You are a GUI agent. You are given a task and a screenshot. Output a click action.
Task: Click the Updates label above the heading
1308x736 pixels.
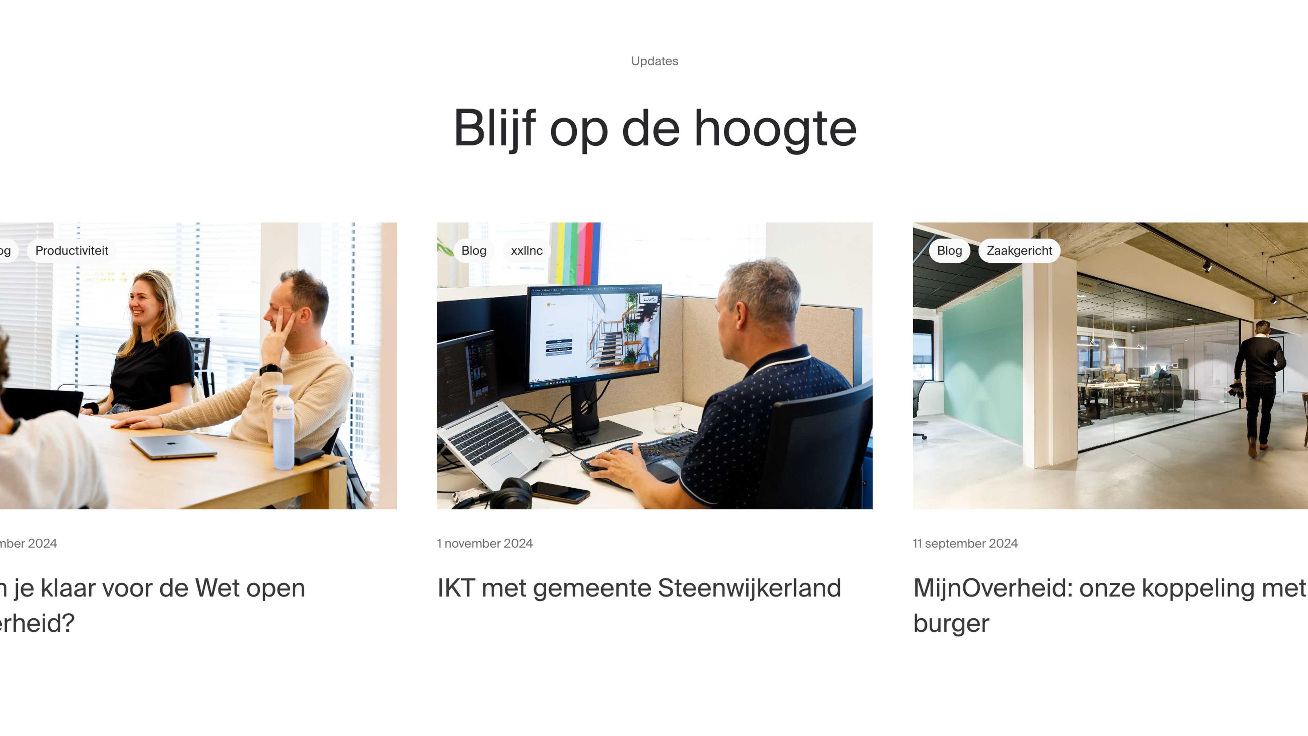click(654, 61)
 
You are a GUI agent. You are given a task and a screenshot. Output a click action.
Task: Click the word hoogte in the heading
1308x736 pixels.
click(775, 129)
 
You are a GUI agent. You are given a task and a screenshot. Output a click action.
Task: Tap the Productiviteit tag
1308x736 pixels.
click(72, 250)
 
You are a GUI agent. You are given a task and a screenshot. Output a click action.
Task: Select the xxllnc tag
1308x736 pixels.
click(527, 250)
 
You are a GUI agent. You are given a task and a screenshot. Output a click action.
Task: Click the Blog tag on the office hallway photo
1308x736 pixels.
click(949, 250)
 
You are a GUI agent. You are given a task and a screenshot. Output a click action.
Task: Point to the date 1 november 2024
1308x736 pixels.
click(485, 543)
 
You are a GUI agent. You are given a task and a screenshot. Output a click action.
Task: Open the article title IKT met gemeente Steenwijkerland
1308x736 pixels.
click(639, 588)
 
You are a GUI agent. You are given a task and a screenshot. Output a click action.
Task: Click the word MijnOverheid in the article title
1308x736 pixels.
click(993, 588)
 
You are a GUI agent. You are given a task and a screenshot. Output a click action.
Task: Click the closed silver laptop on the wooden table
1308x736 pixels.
click(173, 446)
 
